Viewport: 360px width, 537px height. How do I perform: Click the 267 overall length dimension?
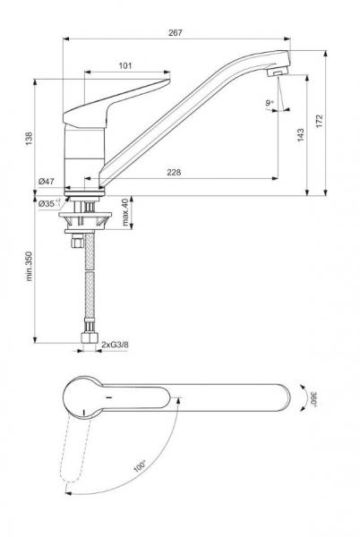175,33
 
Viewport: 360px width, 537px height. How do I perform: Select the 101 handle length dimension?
125,64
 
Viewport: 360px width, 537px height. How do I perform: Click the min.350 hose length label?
28,268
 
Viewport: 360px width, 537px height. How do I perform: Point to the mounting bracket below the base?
82,216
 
